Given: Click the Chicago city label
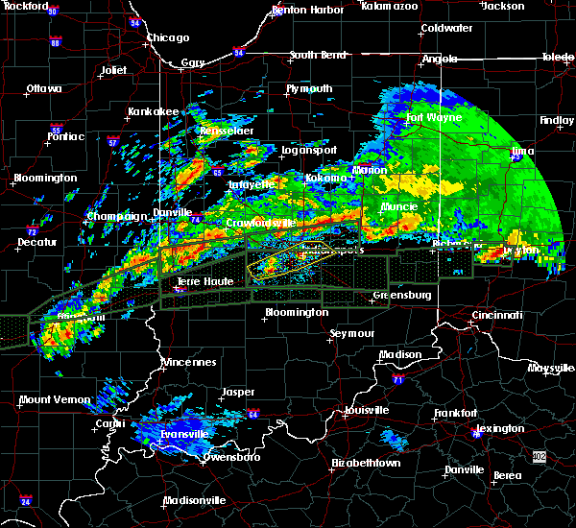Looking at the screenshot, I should (167, 38).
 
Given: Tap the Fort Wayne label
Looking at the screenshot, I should (433, 118).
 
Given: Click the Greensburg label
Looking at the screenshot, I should (401, 295).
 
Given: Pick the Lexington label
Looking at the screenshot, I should (501, 428).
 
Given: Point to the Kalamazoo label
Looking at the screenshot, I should (389, 6).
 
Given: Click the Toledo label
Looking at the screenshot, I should (557, 58).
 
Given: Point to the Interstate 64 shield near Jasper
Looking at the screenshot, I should (253, 415).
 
